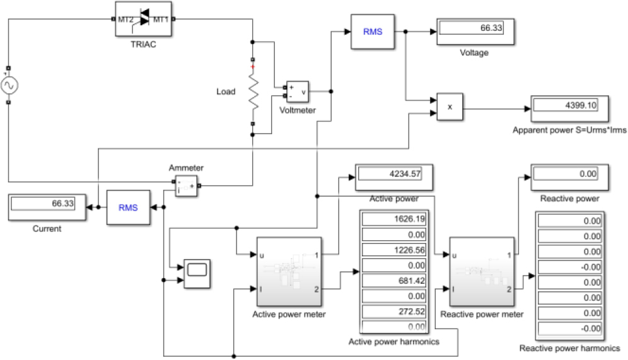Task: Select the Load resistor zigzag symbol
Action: pos(253,92)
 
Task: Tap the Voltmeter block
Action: pos(297,92)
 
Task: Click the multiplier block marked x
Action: pos(450,107)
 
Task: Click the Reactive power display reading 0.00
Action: pos(569,177)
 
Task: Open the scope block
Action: pos(197,273)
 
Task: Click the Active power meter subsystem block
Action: pos(289,272)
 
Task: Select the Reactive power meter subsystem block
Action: pos(482,272)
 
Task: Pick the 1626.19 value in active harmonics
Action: pos(393,220)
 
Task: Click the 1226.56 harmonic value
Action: pos(393,250)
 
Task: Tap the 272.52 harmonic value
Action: pos(393,311)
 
